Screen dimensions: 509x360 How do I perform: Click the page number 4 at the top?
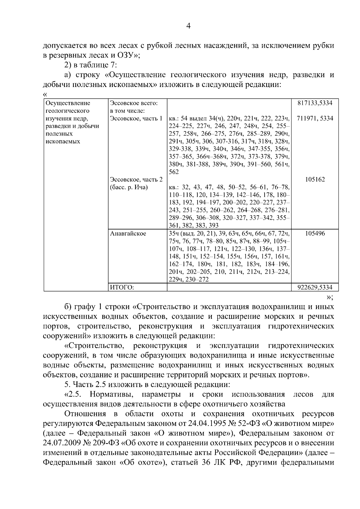click(x=188, y=26)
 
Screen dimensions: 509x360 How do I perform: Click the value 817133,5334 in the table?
click(x=315, y=103)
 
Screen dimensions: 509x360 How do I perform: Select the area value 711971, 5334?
click(x=315, y=118)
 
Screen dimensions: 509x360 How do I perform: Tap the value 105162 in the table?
click(x=315, y=180)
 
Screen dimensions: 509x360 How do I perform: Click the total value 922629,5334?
click(x=315, y=287)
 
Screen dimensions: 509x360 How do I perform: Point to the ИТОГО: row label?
click(x=122, y=287)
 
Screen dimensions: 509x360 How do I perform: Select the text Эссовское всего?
click(x=134, y=103)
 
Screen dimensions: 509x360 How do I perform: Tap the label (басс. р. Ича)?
click(x=129, y=187)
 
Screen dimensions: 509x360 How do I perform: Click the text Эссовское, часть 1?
click(x=136, y=118)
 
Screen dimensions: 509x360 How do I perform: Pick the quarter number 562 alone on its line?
click(x=174, y=172)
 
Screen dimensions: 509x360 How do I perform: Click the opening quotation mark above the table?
click(x=45, y=94)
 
